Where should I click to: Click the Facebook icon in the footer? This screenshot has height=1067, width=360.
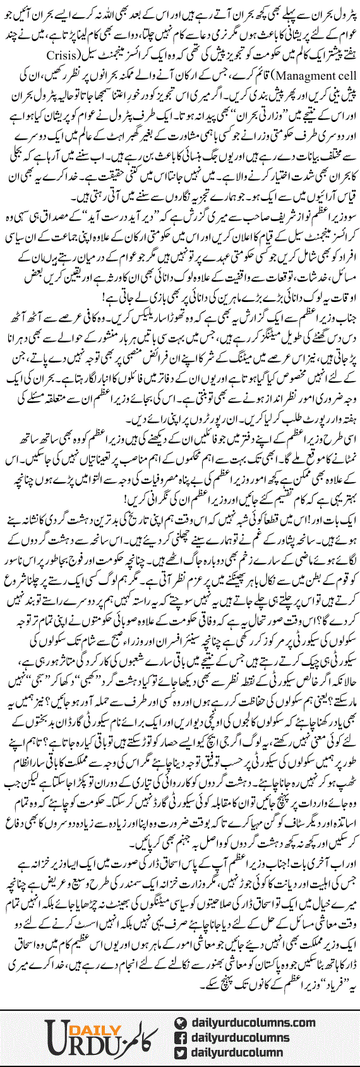(182, 1037)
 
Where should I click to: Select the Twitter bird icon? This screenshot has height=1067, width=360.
(182, 1051)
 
